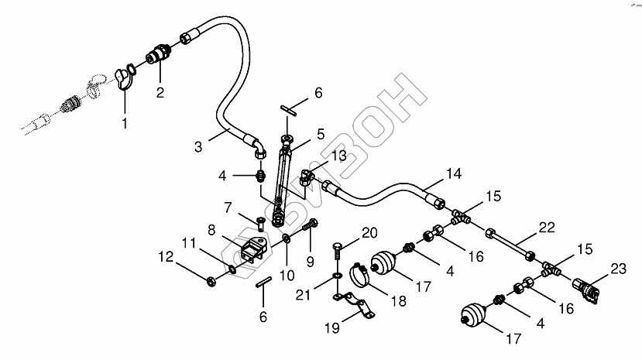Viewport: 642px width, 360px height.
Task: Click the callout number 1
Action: (125, 122)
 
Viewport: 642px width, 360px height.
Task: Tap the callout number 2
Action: (160, 93)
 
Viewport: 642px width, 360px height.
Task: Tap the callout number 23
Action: (617, 269)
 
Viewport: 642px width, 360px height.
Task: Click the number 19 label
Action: (331, 327)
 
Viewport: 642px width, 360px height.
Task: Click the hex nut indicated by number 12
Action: (212, 279)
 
